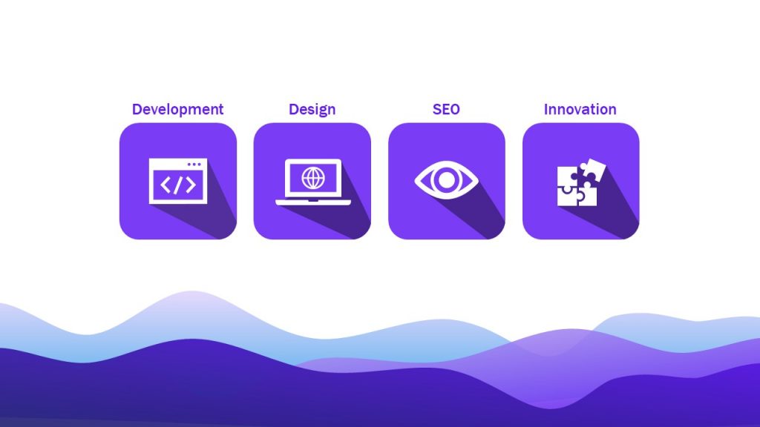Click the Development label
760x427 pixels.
pyautogui.click(x=177, y=110)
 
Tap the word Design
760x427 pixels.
pyautogui.click(x=312, y=110)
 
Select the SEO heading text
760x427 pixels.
pyautogui.click(x=446, y=110)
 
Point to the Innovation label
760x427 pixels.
pyautogui.click(x=580, y=110)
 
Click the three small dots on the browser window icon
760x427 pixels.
pyautogui.click(x=194, y=164)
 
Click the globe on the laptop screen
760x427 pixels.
pyautogui.click(x=312, y=178)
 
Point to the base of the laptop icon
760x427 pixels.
pyautogui.click(x=312, y=202)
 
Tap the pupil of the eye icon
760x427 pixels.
pyautogui.click(x=446, y=180)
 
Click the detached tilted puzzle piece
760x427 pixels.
pyautogui.click(x=590, y=171)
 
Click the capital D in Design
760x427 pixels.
pyautogui.click(x=293, y=110)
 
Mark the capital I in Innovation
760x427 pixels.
pyautogui.click(x=546, y=110)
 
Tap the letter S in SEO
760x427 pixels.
pyautogui.click(x=437, y=110)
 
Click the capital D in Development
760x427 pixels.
pyautogui.click(x=137, y=110)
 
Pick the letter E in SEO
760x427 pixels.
pyautogui.click(x=445, y=110)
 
